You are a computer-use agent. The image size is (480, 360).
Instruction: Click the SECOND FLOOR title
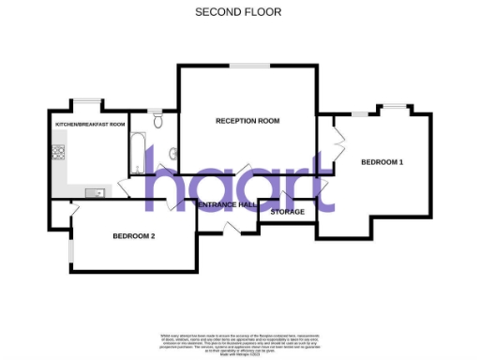(x=238, y=12)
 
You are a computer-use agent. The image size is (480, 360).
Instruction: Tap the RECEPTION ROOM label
(x=247, y=121)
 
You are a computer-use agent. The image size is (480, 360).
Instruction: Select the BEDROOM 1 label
(x=382, y=162)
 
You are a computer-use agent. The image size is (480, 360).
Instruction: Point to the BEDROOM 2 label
(x=134, y=235)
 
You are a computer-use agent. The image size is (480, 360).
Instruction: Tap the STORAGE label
(x=287, y=213)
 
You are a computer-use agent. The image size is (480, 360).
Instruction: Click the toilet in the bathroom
(x=157, y=122)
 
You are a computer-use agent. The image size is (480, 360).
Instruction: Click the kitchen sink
(x=95, y=192)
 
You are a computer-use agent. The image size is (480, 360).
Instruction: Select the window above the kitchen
(x=90, y=100)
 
